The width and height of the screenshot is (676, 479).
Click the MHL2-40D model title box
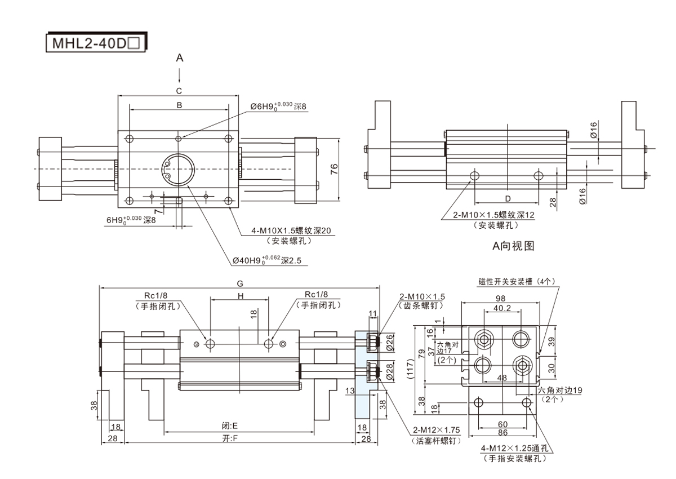point(95,43)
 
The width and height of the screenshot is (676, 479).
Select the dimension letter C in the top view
point(179,90)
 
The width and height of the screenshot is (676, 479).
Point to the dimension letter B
point(179,105)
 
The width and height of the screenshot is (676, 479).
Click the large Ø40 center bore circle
point(179,168)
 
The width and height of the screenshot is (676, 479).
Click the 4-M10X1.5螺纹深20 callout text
point(291,230)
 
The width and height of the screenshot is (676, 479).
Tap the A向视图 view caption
point(513,246)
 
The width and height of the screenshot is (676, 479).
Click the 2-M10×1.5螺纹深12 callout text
point(494,215)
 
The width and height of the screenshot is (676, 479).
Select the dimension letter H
point(239,296)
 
